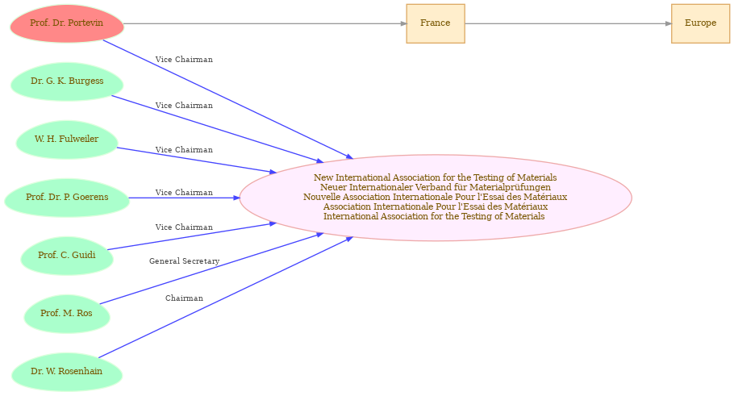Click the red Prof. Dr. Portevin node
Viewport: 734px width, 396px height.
point(67,23)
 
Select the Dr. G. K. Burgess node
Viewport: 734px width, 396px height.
point(67,81)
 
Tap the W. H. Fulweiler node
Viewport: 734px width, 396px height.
point(67,140)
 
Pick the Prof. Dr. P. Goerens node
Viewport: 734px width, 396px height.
point(67,198)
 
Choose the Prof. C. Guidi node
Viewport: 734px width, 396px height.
point(67,256)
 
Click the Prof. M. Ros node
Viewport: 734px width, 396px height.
point(67,314)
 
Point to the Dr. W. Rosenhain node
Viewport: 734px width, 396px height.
point(67,372)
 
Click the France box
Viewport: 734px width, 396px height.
point(436,23)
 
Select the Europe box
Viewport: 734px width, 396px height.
point(700,23)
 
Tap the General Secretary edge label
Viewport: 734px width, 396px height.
point(185,261)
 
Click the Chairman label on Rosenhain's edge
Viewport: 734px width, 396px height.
point(184,298)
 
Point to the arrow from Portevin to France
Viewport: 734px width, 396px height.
point(265,23)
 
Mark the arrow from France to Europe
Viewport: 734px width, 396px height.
point(569,23)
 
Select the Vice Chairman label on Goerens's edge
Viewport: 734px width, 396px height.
point(184,193)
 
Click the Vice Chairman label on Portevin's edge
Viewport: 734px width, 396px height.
point(184,60)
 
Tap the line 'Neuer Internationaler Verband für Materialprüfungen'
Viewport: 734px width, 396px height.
point(436,187)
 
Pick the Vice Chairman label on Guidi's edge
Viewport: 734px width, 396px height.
point(184,227)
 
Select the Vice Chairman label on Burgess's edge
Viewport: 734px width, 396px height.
point(184,106)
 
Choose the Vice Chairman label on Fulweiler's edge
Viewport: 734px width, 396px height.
point(184,150)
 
